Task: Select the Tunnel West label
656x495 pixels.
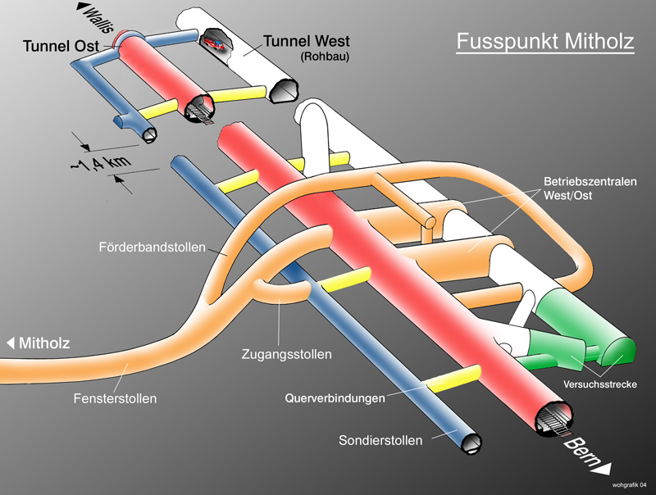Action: click(306, 42)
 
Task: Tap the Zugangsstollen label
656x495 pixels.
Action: click(287, 355)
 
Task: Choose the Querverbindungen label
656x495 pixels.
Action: click(335, 399)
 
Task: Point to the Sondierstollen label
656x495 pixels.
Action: click(380, 440)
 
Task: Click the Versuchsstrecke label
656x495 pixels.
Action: click(600, 384)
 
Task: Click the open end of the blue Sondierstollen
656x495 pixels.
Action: click(472, 443)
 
